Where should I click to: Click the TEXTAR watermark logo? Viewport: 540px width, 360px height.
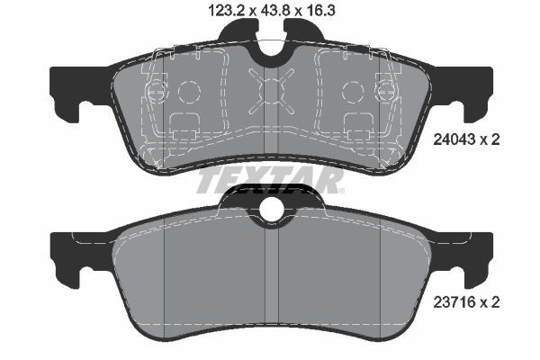270,182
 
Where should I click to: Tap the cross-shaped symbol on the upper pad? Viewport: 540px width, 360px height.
272,90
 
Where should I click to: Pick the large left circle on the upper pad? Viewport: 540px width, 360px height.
190,92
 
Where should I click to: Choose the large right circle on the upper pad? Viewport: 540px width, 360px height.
352,92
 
